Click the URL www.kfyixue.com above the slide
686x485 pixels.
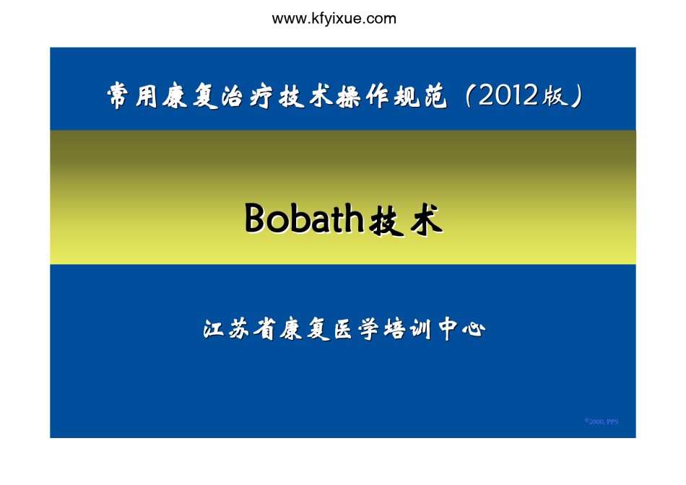334,19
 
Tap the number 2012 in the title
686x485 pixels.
508,95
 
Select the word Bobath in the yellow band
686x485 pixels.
304,217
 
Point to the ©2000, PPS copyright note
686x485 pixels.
602,421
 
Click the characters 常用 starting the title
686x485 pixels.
132,95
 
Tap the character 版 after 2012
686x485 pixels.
555,95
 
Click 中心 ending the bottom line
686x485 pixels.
462,329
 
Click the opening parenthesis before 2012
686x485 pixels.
469,95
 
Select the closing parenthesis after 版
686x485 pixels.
577,95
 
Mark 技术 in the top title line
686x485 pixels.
306,95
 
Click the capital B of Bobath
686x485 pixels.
255,217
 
